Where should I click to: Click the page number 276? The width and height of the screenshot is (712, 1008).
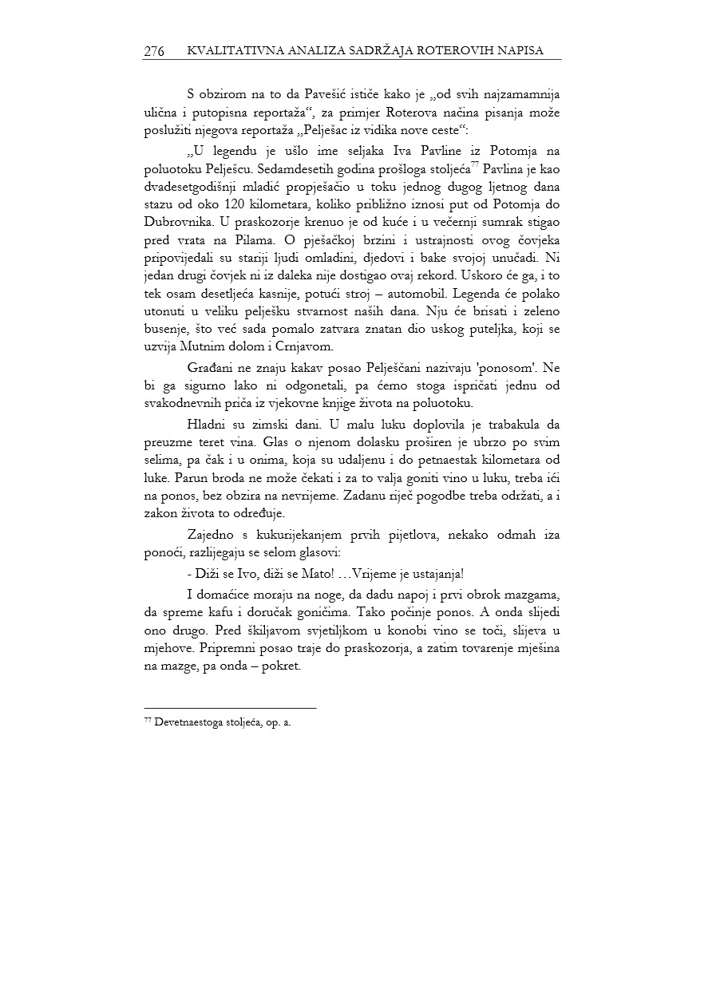point(154,51)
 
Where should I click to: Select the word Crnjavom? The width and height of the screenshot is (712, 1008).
point(307,347)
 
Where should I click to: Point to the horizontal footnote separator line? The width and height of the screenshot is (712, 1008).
point(230,707)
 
